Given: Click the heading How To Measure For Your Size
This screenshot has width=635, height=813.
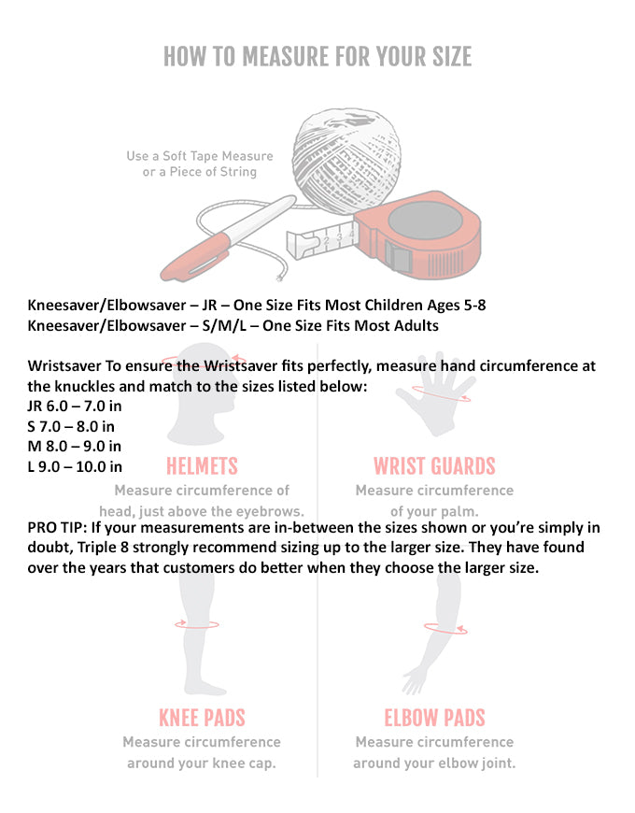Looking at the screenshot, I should [x=317, y=56].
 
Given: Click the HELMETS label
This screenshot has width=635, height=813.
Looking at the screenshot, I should [x=202, y=466].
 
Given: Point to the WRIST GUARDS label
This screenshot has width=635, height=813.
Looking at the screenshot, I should [x=434, y=466].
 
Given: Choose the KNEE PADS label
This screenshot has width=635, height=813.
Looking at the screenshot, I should [x=202, y=718].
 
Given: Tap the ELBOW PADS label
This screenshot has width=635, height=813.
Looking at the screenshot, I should [x=434, y=718].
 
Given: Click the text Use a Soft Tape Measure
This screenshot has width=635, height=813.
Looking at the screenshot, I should [x=200, y=156].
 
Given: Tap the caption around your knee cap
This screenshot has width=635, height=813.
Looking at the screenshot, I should [x=202, y=763].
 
